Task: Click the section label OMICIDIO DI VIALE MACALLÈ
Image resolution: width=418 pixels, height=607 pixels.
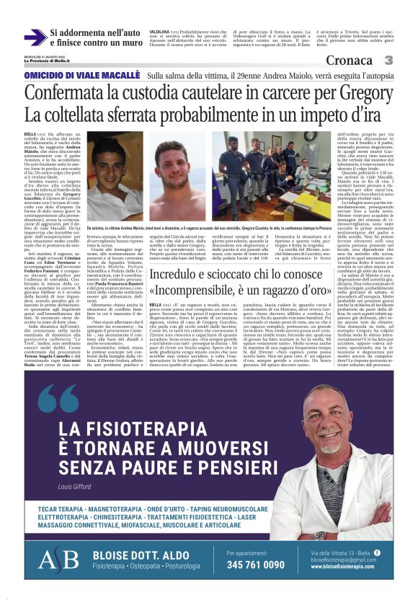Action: tap(81, 76)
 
